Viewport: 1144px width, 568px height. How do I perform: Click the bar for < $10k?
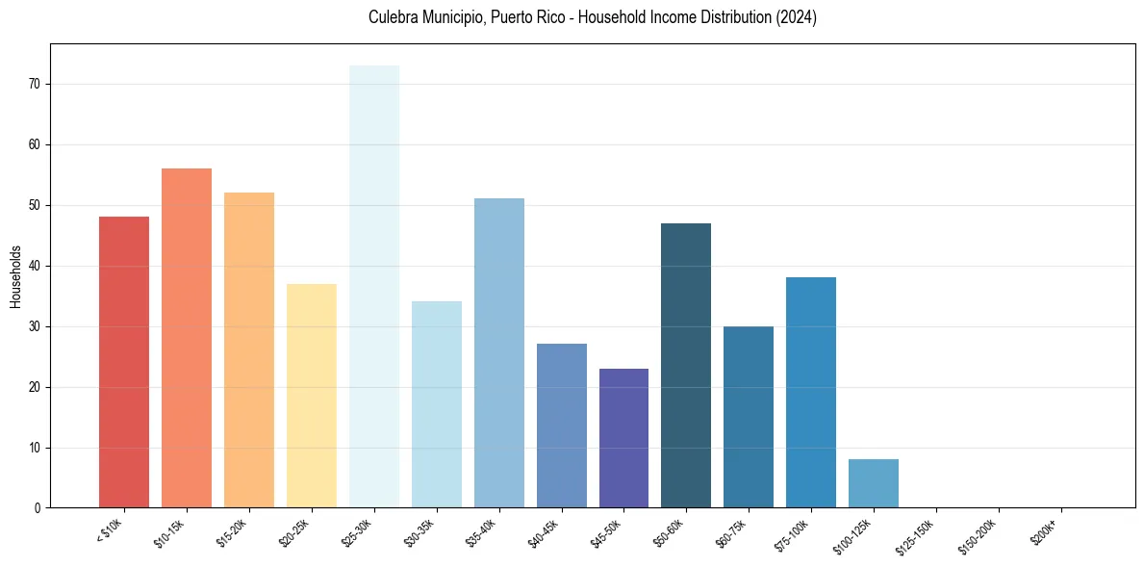(x=124, y=362)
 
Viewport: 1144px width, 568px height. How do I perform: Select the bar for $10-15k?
(x=187, y=338)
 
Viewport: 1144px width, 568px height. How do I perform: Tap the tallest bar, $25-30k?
(x=374, y=287)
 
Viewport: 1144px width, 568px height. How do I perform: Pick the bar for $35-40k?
(x=499, y=353)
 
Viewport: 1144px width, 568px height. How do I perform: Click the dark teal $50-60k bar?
(x=686, y=366)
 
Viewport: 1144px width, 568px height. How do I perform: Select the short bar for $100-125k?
(x=874, y=483)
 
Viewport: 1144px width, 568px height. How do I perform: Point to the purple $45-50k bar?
(x=623, y=438)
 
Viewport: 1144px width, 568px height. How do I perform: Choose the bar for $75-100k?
(x=811, y=393)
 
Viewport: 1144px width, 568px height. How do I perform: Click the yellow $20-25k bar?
(x=312, y=396)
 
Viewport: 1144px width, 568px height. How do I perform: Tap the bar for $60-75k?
(x=749, y=417)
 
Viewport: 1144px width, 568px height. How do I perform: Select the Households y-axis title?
(x=15, y=276)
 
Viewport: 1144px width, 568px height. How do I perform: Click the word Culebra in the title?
(x=392, y=17)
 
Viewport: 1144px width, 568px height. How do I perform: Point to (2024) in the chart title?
(x=797, y=17)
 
